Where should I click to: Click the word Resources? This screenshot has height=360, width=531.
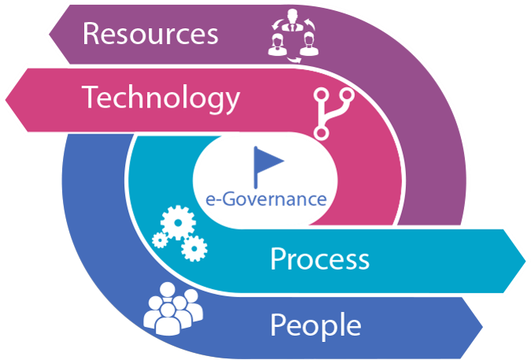click(x=150, y=34)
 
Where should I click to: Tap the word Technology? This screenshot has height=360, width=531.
click(x=160, y=99)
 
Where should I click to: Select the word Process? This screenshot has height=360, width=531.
click(x=319, y=259)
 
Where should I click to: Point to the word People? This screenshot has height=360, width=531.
click(x=315, y=325)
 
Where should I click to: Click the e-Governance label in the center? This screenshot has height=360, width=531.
click(x=266, y=199)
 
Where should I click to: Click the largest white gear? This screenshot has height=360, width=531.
click(x=178, y=222)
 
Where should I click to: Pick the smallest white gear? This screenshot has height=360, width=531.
click(x=160, y=241)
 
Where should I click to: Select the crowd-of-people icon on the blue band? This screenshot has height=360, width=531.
click(x=173, y=309)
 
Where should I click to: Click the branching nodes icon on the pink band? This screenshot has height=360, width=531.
click(x=334, y=113)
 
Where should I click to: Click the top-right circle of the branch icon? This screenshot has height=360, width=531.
click(x=347, y=95)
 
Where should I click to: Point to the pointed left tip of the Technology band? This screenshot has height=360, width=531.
click(x=6, y=100)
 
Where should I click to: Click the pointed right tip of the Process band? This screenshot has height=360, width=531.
click(x=525, y=261)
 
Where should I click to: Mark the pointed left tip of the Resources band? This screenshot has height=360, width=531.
click(x=50, y=34)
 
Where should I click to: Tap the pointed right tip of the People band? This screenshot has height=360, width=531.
click(x=482, y=327)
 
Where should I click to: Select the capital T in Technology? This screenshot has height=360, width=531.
click(x=90, y=97)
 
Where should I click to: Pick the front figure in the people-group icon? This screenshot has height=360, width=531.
click(x=168, y=319)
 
